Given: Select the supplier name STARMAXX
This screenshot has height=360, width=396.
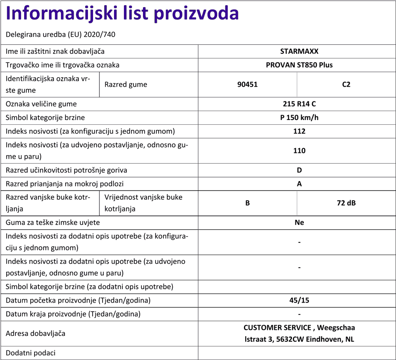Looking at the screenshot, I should pyautogui.click(x=299, y=51).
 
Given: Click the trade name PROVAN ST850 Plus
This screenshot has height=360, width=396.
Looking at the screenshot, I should pyautogui.click(x=299, y=65).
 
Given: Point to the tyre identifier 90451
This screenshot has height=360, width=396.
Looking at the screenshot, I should pyautogui.click(x=247, y=84).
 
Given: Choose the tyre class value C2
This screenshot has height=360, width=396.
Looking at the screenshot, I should pyautogui.click(x=346, y=84).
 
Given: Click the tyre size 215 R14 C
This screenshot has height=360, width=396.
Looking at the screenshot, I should pyautogui.click(x=299, y=104).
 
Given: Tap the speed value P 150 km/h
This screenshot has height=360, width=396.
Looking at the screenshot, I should pyautogui.click(x=299, y=118).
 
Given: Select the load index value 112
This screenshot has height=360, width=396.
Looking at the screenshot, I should pyautogui.click(x=299, y=131).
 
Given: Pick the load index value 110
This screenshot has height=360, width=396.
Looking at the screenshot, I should pyautogui.click(x=299, y=150).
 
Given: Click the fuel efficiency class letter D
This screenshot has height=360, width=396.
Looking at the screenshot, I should pyautogui.click(x=299, y=170).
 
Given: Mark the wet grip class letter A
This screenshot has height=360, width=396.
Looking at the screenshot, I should pyautogui.click(x=299, y=184).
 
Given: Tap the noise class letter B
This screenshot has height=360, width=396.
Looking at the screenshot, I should pyautogui.click(x=247, y=203).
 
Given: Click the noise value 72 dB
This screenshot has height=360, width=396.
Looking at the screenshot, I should pyautogui.click(x=346, y=203).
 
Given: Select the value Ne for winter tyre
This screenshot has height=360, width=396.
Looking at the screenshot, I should pyautogui.click(x=299, y=223).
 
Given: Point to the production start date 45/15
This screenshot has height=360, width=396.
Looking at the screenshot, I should pyautogui.click(x=299, y=300).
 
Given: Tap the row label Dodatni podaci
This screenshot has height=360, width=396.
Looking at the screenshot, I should pyautogui.click(x=30, y=352).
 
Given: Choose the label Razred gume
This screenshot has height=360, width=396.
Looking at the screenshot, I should pyautogui.click(x=126, y=84).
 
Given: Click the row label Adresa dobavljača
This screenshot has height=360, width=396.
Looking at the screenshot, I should pyautogui.click(x=35, y=333).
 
